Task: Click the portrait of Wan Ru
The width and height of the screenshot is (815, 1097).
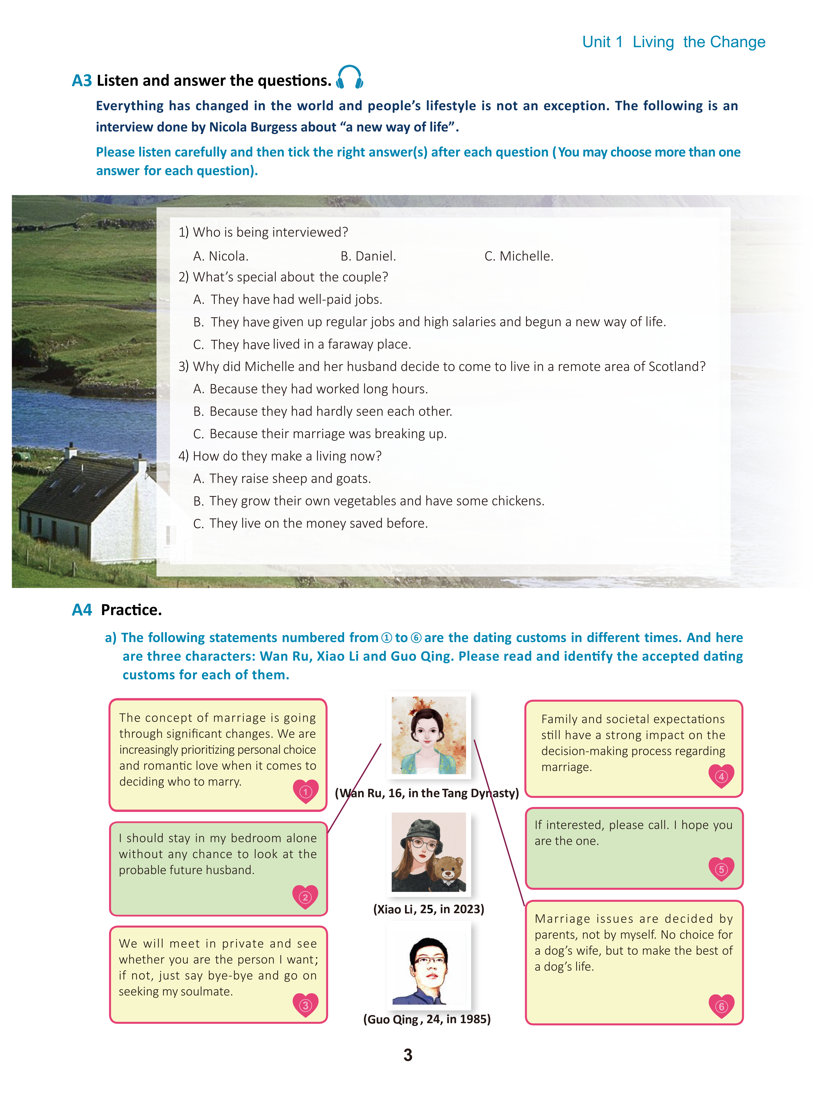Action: click(428, 735)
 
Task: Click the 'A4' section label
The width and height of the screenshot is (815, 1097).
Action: click(82, 610)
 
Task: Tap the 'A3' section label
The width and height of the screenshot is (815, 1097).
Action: click(82, 80)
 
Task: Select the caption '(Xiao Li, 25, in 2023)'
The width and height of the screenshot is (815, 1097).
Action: click(428, 909)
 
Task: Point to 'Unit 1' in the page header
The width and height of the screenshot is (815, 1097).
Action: click(602, 42)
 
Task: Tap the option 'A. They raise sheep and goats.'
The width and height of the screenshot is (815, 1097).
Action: click(282, 478)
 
